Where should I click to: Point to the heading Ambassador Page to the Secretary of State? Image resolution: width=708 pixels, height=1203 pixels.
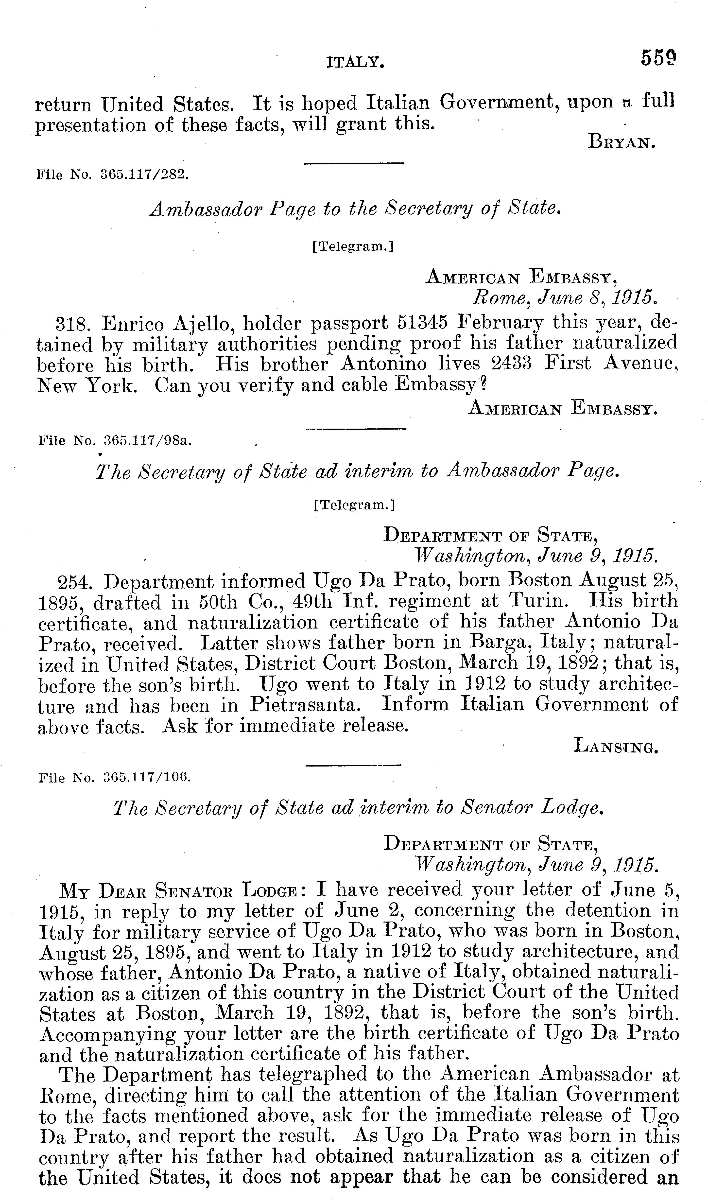tap(354, 209)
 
